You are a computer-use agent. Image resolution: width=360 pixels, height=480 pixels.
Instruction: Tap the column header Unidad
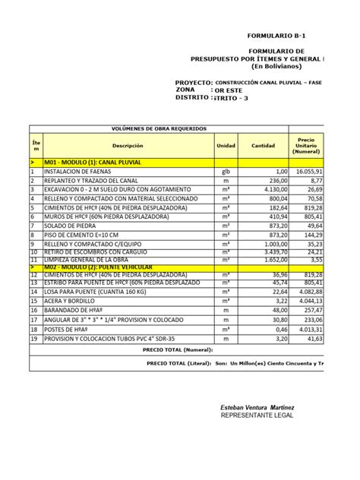point(226,145)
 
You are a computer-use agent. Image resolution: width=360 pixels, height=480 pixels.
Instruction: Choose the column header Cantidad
point(263,145)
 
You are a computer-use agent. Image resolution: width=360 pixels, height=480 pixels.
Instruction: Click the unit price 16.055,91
point(308,172)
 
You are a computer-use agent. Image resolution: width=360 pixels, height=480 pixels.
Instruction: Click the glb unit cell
point(226,172)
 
